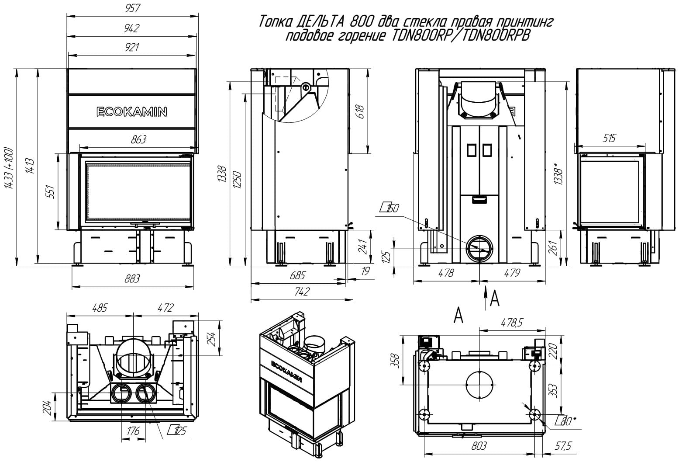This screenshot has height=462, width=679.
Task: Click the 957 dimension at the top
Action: point(132,8)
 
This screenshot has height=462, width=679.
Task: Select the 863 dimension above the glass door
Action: point(138,139)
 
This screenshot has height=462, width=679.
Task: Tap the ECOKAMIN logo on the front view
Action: point(132,111)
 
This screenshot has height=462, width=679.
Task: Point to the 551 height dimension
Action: point(51,191)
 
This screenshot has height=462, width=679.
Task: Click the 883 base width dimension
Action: point(132,278)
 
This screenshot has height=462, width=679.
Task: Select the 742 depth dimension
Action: point(302,291)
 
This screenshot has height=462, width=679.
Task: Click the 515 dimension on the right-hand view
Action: point(609,138)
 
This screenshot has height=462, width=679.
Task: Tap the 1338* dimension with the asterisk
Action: point(558,174)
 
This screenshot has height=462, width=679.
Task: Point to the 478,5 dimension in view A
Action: point(512,322)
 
